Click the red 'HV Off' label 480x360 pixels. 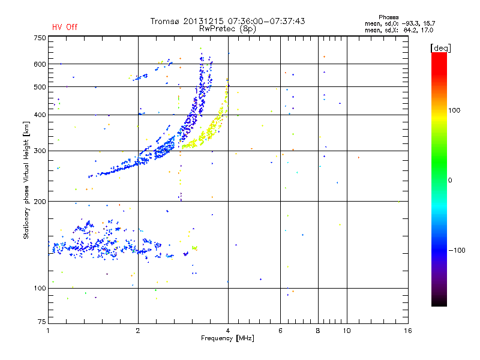click(64, 27)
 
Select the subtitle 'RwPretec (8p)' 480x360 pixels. click(228, 28)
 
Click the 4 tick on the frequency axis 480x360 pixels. click(228, 331)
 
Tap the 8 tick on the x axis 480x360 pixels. click(318, 331)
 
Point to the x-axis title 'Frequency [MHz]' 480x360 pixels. click(228, 339)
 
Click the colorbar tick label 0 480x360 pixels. click(450, 180)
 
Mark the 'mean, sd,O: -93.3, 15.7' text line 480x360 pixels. click(398, 23)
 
